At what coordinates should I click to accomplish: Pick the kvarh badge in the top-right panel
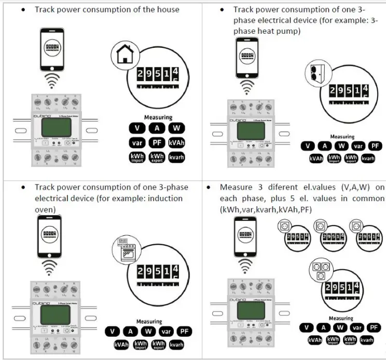coord(368,158)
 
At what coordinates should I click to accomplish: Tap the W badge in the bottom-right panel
coord(340,327)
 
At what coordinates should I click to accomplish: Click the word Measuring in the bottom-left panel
coord(149,322)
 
